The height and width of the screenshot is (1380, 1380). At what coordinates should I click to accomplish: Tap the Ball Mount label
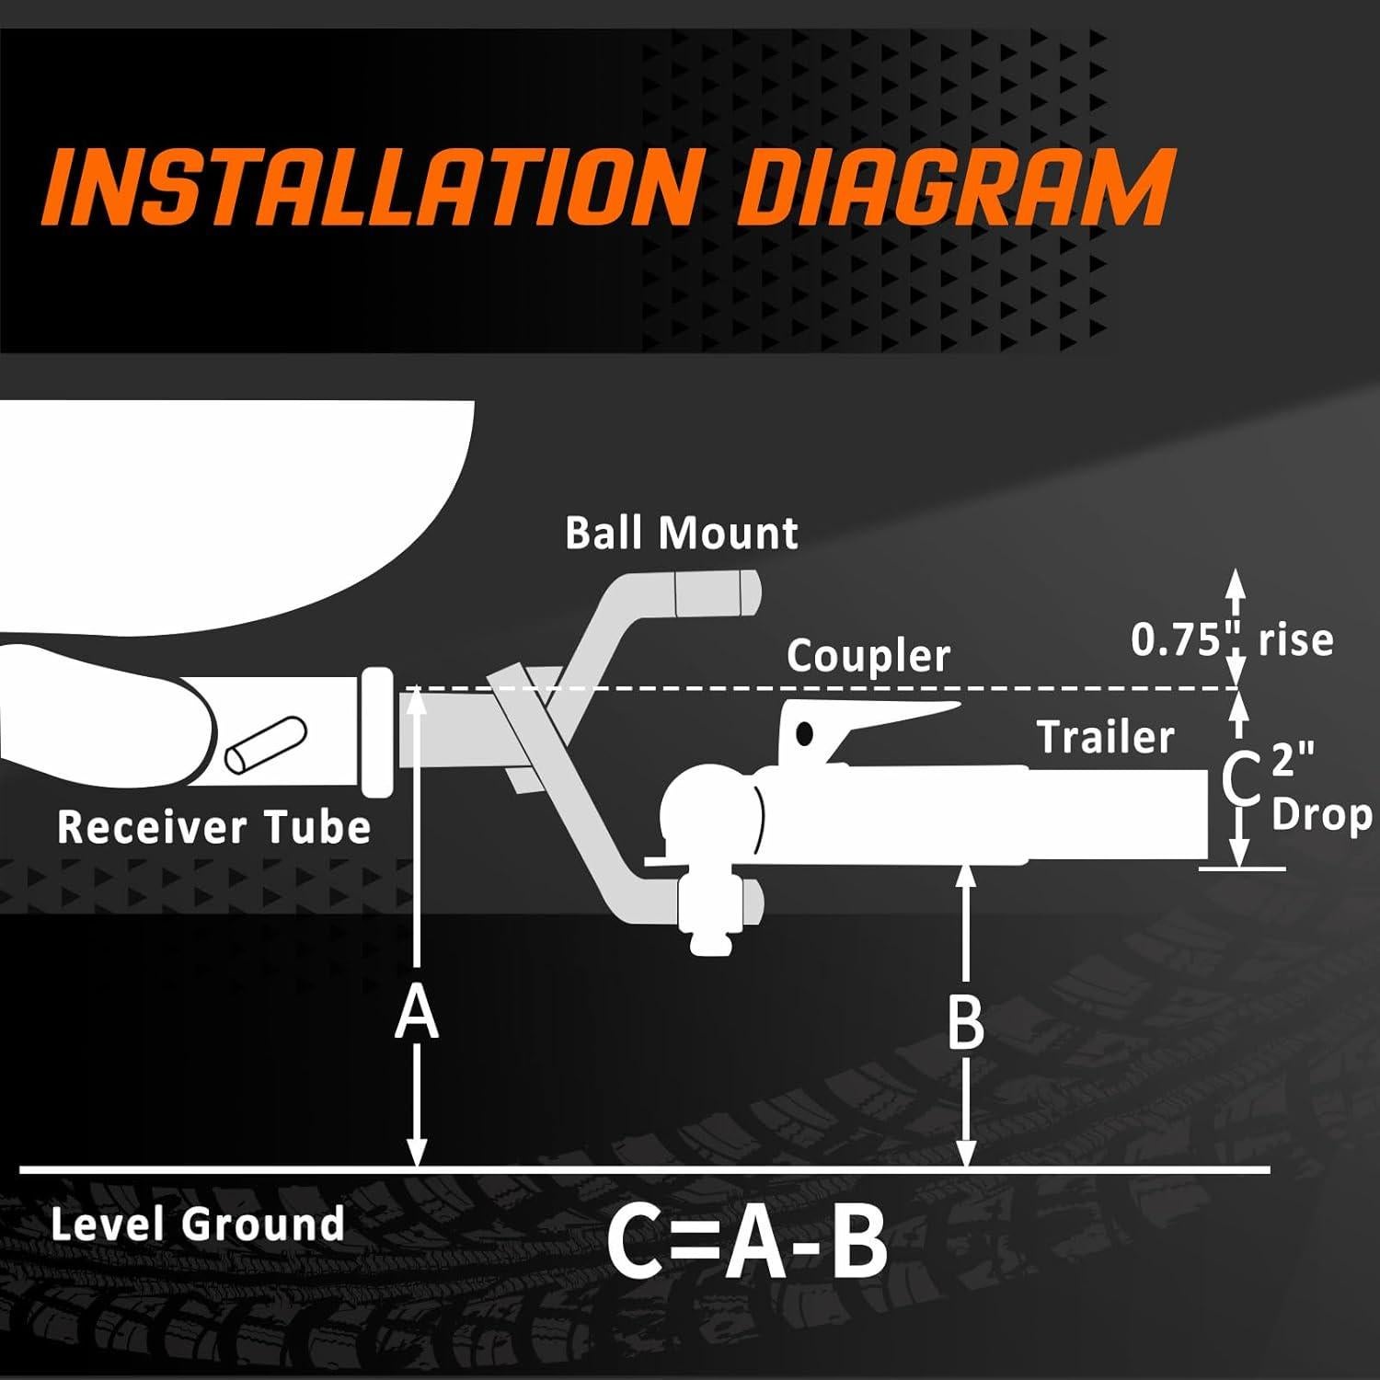coord(681,534)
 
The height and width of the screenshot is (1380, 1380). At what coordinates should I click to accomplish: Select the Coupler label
coord(868,657)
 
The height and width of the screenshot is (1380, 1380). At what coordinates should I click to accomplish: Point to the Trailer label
coord(1106,737)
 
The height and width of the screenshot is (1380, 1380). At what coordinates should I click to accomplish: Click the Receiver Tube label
coord(213,826)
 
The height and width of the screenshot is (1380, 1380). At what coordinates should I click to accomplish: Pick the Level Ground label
coord(198,1225)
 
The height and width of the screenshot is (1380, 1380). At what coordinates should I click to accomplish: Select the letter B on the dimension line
coord(966,1022)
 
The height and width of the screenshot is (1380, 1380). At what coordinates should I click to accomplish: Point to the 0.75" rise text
coord(1232,638)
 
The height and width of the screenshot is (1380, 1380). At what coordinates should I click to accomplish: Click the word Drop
coord(1321,815)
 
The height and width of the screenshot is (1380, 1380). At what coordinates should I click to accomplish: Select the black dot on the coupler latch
coord(805,733)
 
